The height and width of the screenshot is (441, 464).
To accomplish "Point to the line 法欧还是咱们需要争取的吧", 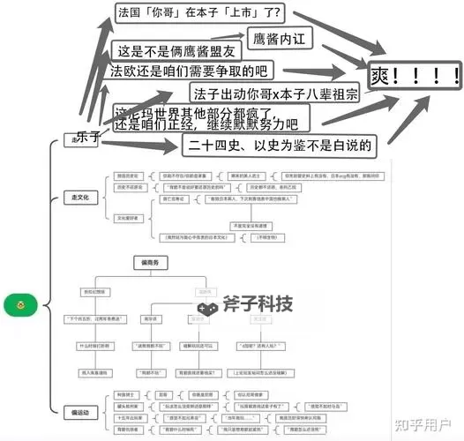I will click(x=190, y=70).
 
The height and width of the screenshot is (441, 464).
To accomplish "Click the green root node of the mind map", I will click(x=18, y=305).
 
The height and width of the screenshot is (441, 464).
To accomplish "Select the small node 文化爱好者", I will click(x=130, y=217).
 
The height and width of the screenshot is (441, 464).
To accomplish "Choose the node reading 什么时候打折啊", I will click(x=93, y=347).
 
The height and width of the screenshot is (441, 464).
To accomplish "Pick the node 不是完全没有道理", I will click(x=243, y=227).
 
